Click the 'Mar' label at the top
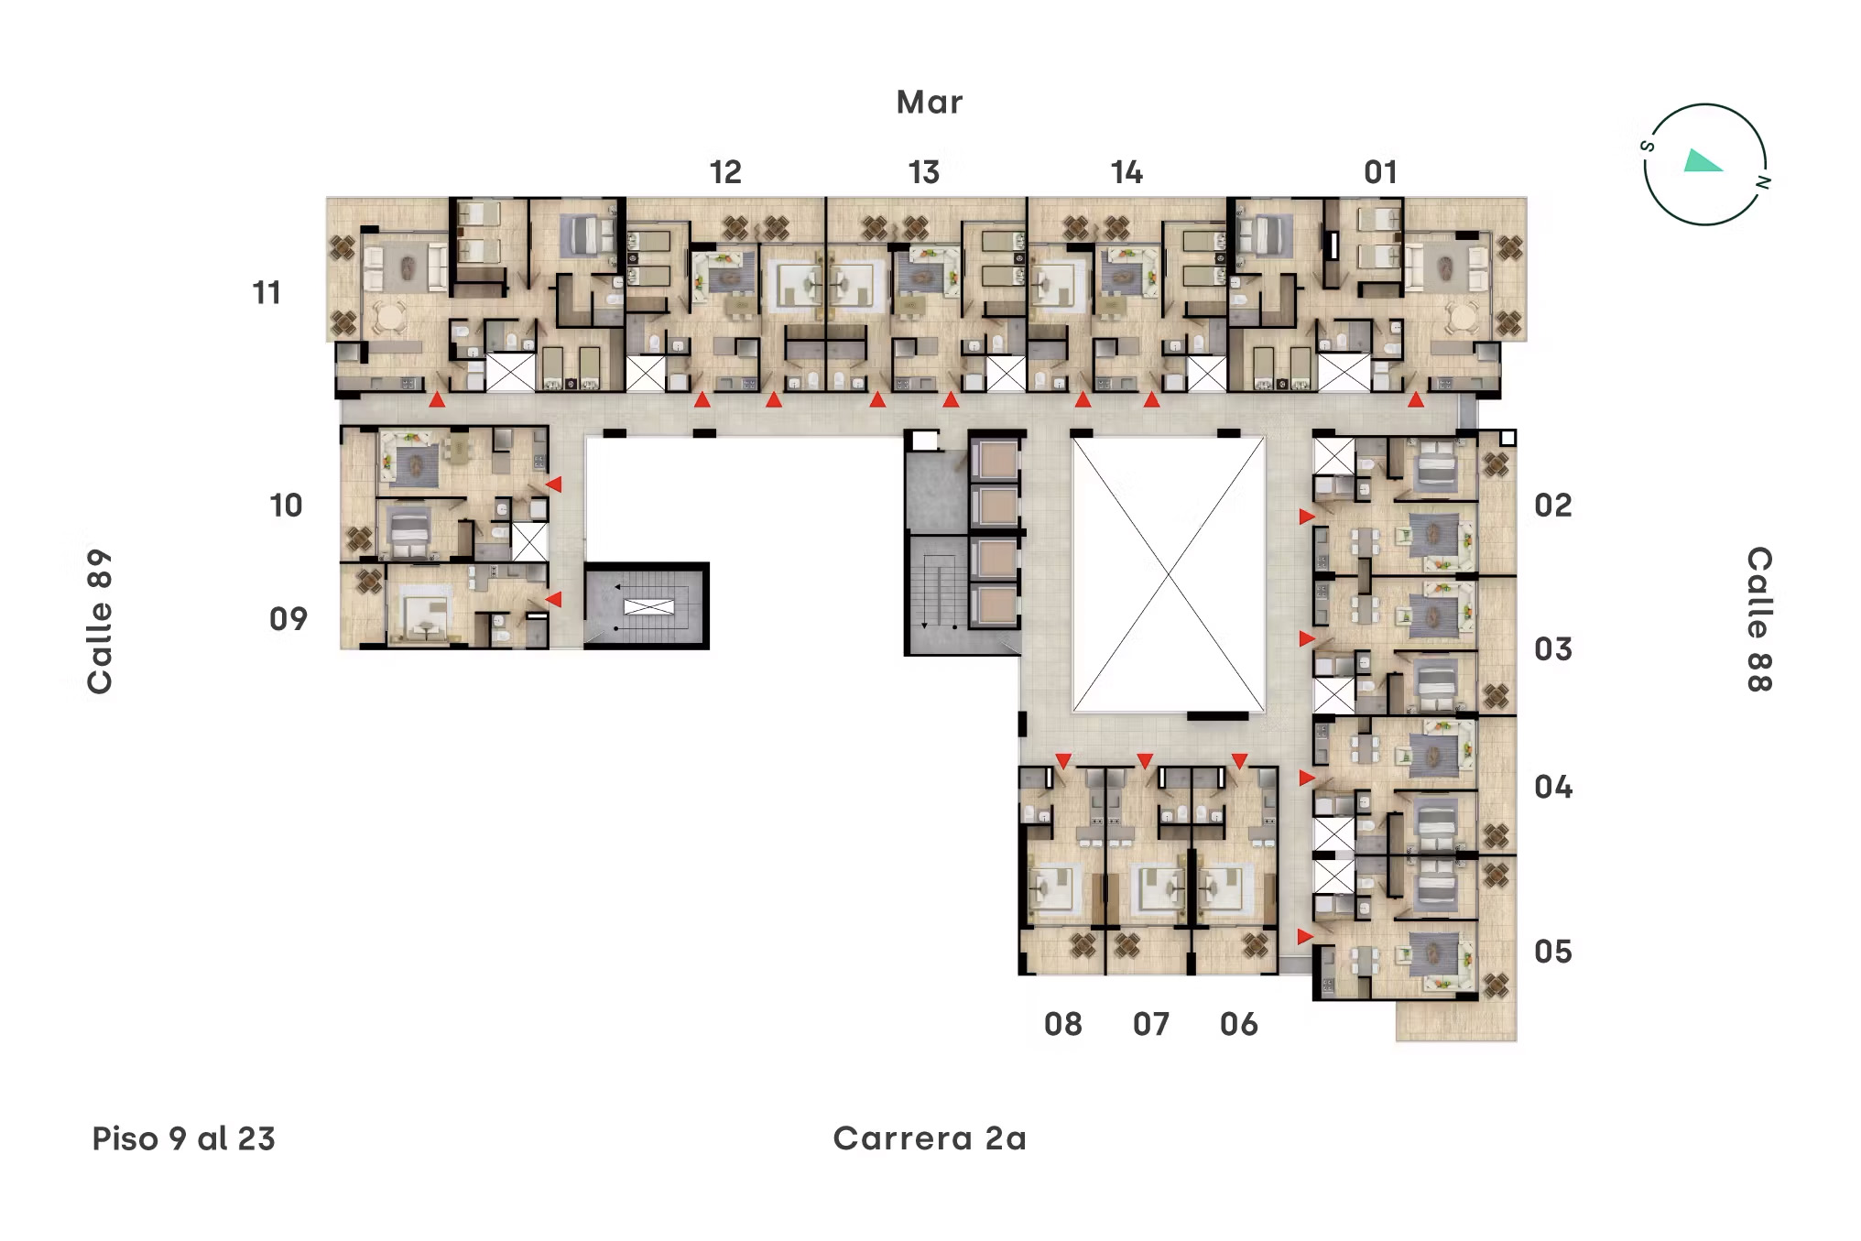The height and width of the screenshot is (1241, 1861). (929, 102)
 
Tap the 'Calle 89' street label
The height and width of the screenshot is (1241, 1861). (99, 621)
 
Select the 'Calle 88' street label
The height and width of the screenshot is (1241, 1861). (1759, 619)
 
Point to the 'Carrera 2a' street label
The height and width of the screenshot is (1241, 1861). (929, 1138)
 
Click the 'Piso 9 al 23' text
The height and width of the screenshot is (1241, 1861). (183, 1138)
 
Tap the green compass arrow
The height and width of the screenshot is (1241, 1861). (1702, 162)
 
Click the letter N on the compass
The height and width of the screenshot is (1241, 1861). (1762, 182)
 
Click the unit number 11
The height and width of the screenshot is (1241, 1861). (267, 293)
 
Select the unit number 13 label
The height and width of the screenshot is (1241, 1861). (923, 172)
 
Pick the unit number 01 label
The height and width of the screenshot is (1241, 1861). (1380, 172)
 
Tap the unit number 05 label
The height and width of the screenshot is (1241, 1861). (1552, 952)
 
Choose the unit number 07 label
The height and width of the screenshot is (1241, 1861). (1150, 1024)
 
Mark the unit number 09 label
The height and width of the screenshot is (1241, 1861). (288, 619)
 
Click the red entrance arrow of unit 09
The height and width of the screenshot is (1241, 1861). (553, 599)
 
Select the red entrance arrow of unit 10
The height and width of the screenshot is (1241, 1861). (553, 484)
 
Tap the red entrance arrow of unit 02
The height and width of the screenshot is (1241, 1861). (1307, 517)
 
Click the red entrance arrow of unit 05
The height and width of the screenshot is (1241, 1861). (1305, 936)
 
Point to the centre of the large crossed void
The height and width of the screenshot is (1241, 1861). (1169, 574)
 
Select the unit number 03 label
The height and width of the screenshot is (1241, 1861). (1552, 649)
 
